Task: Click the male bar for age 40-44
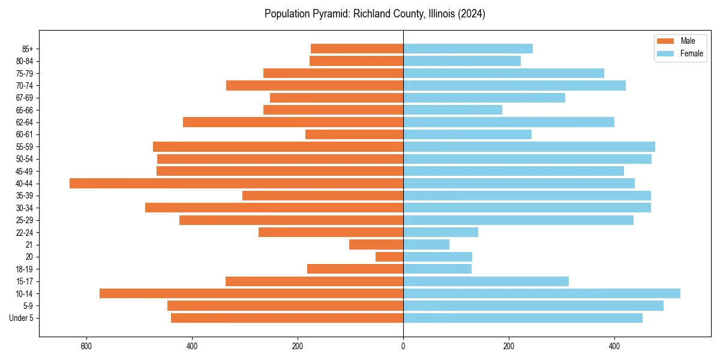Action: click(x=236, y=184)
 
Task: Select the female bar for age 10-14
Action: click(x=541, y=293)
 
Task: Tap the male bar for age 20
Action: click(x=389, y=257)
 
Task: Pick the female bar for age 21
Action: click(x=426, y=244)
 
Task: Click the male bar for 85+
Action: click(x=357, y=49)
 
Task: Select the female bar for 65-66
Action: click(x=452, y=110)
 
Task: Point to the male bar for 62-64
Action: click(x=293, y=122)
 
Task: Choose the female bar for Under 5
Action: click(x=523, y=318)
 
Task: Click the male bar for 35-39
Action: click(x=323, y=196)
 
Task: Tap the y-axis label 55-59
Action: click(x=25, y=147)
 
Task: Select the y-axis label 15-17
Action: click(x=25, y=281)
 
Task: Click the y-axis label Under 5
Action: click(x=22, y=318)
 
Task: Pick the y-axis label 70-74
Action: click(x=25, y=86)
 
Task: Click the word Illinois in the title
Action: click(x=440, y=14)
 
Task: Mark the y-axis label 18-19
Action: click(x=25, y=269)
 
